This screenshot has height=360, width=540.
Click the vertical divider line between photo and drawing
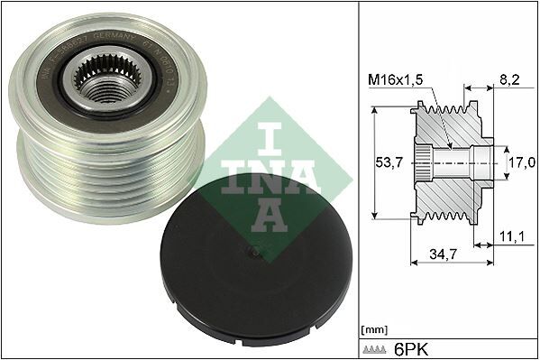(359, 180)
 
